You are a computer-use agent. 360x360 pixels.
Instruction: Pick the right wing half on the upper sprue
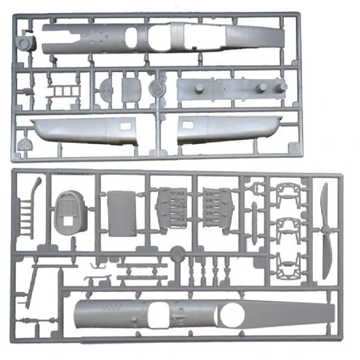coord(226,128)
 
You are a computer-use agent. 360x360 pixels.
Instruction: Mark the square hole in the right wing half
coord(187,122)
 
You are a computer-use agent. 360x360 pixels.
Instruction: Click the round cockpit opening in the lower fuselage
coord(230,317)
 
